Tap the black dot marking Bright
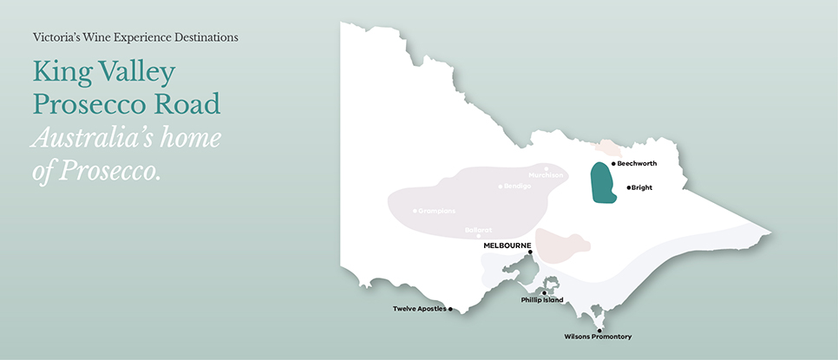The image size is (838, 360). (629, 187)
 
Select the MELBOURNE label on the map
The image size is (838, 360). (507, 245)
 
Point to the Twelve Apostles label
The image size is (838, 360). (419, 309)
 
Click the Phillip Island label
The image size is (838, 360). (542, 300)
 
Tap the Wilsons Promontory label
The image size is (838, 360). (598, 337)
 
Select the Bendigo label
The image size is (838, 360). (517, 187)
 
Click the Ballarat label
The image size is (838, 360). (479, 229)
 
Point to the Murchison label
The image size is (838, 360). (547, 175)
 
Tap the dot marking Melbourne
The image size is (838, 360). (530, 252)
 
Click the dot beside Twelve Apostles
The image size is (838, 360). (450, 309)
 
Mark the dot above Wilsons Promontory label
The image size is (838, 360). (599, 330)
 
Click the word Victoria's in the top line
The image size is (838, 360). (60, 38)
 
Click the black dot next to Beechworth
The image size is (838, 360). (613, 163)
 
